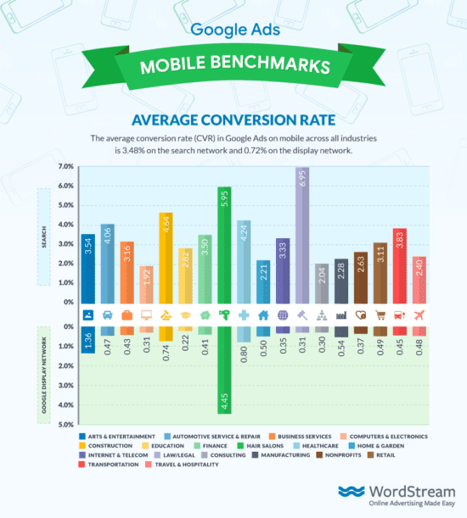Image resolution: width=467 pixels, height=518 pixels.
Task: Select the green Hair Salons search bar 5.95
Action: click(224, 245)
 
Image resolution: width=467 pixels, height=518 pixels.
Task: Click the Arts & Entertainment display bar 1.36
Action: click(88, 339)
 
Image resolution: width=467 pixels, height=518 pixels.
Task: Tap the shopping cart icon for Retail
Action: click(380, 315)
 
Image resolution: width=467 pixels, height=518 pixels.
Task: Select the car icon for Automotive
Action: click(108, 315)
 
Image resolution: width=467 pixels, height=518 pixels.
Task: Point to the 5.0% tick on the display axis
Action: click(65, 424)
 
